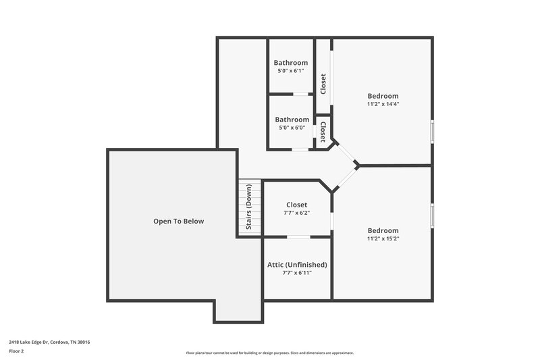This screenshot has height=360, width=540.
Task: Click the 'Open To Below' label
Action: (x=178, y=221)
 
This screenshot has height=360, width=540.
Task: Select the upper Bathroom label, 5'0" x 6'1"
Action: (x=291, y=63)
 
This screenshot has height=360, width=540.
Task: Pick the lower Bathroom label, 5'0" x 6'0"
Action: (x=292, y=120)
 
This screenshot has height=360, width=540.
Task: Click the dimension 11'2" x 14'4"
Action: (x=383, y=104)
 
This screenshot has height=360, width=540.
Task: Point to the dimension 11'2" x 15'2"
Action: (x=383, y=238)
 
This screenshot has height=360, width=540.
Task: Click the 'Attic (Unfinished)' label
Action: (x=297, y=264)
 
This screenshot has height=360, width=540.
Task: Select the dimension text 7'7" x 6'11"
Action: (x=297, y=272)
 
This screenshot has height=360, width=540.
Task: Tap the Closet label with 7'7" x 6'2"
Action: (x=296, y=205)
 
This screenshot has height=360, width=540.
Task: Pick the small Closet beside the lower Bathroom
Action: (x=323, y=132)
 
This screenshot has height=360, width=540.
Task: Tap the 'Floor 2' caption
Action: (x=17, y=351)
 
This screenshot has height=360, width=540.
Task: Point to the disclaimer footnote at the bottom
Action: (x=269, y=353)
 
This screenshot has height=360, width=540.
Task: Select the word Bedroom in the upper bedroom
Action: (x=383, y=96)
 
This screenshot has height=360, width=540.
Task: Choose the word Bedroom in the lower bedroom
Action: (x=383, y=230)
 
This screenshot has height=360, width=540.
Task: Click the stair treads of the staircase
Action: (x=248, y=190)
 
